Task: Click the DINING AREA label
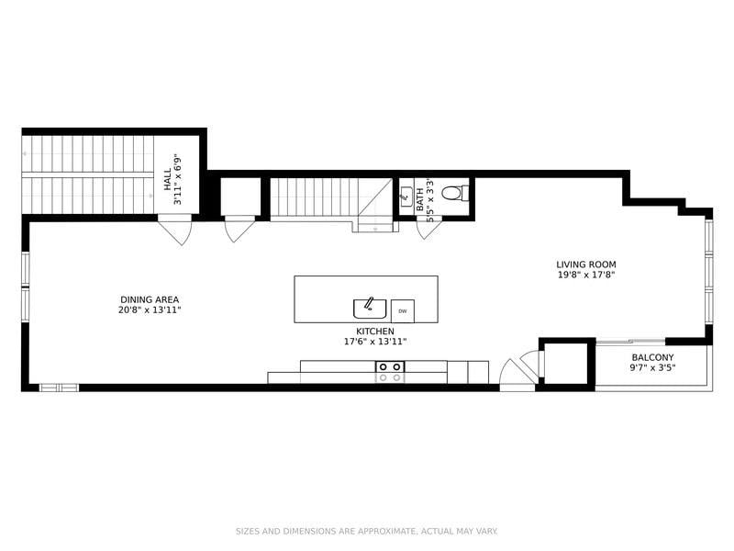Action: pyautogui.click(x=150, y=300)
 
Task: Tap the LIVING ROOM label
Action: pyautogui.click(x=586, y=264)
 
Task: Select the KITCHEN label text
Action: pyautogui.click(x=375, y=332)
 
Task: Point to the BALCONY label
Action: pyautogui.click(x=652, y=357)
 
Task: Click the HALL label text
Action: pyautogui.click(x=168, y=179)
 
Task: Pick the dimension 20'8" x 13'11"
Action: pyautogui.click(x=150, y=310)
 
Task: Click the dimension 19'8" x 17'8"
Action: pyautogui.click(x=586, y=275)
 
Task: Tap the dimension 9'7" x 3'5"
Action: pyautogui.click(x=652, y=368)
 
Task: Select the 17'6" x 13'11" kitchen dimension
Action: pyautogui.click(x=375, y=342)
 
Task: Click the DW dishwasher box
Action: pyautogui.click(x=403, y=311)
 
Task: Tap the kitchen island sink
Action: pyautogui.click(x=370, y=309)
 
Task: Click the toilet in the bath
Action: pyautogui.click(x=455, y=193)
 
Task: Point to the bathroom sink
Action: pyautogui.click(x=406, y=197)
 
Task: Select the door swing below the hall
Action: pyautogui.click(x=174, y=230)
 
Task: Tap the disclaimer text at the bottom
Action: pyautogui.click(x=366, y=532)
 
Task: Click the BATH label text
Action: pyautogui.click(x=420, y=199)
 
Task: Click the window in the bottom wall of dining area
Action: pyautogui.click(x=59, y=388)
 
